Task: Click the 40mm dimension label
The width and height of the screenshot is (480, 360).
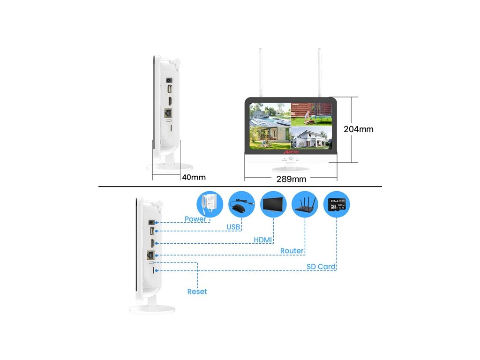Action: (x=194, y=177)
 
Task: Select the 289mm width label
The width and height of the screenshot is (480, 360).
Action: (x=291, y=179)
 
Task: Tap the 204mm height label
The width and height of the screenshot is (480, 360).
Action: (x=359, y=129)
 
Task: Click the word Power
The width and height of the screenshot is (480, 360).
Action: (x=195, y=219)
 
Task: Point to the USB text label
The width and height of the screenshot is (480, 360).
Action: (x=233, y=227)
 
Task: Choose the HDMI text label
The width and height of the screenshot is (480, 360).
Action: (x=263, y=240)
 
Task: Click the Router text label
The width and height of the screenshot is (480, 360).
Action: (x=292, y=251)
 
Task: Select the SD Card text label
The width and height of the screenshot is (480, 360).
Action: (x=321, y=267)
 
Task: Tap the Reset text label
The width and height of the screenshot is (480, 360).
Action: (x=197, y=292)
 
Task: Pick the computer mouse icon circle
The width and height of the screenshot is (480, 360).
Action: (x=242, y=204)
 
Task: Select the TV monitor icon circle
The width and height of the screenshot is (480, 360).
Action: (x=273, y=204)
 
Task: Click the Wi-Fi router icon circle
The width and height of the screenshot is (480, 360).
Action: (x=305, y=204)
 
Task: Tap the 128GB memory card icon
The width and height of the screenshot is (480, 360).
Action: (x=337, y=204)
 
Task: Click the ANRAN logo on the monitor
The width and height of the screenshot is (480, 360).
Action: (x=291, y=152)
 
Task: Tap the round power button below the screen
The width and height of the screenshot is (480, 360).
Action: (x=291, y=158)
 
